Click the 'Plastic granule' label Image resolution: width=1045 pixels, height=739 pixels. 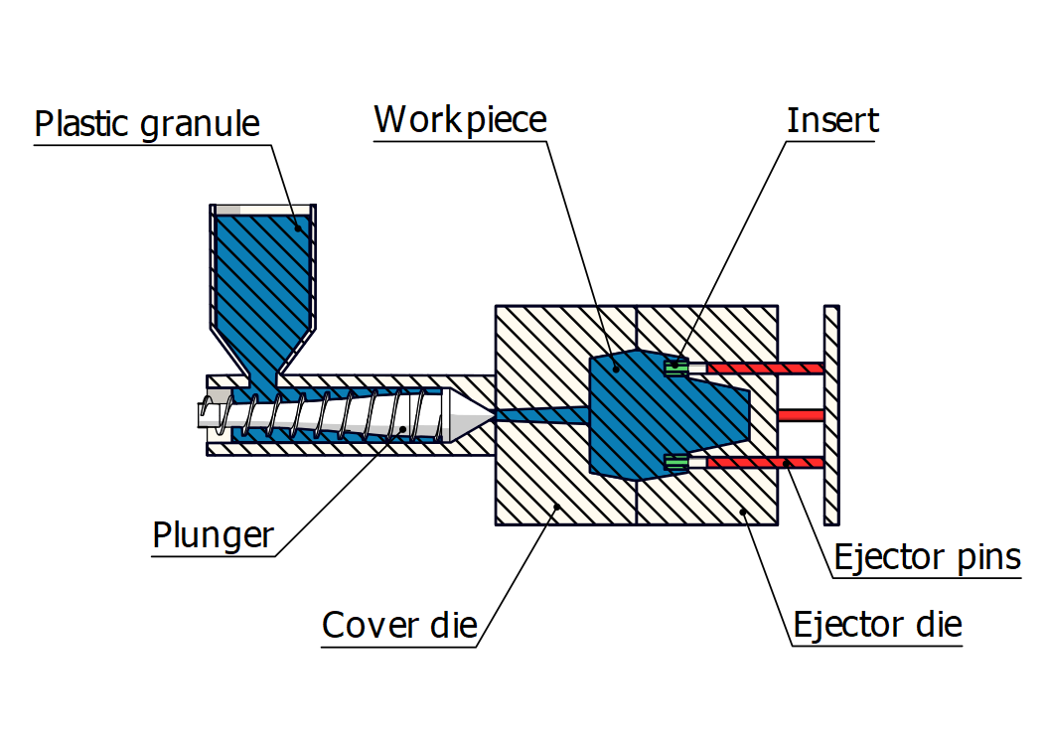tap(147, 124)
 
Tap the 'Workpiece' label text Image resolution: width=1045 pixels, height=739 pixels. tap(460, 120)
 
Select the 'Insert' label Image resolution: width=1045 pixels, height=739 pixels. tap(832, 120)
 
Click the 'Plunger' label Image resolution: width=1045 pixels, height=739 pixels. tap(213, 535)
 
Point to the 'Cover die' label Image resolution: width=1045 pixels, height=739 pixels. tap(399, 626)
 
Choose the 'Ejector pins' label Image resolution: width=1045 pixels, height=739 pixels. tap(927, 557)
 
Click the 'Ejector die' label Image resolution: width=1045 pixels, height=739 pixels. tap(877, 625)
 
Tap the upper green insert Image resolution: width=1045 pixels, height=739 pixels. tap(675, 367)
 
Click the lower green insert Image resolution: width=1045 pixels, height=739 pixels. tap(675, 462)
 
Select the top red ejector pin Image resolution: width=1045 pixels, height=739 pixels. tap(765, 368)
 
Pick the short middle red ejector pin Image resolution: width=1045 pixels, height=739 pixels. tap(801, 414)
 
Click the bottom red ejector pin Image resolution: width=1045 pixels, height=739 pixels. tap(765, 462)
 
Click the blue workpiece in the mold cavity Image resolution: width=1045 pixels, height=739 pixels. tap(656, 412)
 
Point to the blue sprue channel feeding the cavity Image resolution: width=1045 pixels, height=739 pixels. tap(541, 415)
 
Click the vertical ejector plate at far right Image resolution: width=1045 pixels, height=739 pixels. tap(832, 414)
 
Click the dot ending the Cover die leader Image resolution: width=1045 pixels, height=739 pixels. tap(557, 506)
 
